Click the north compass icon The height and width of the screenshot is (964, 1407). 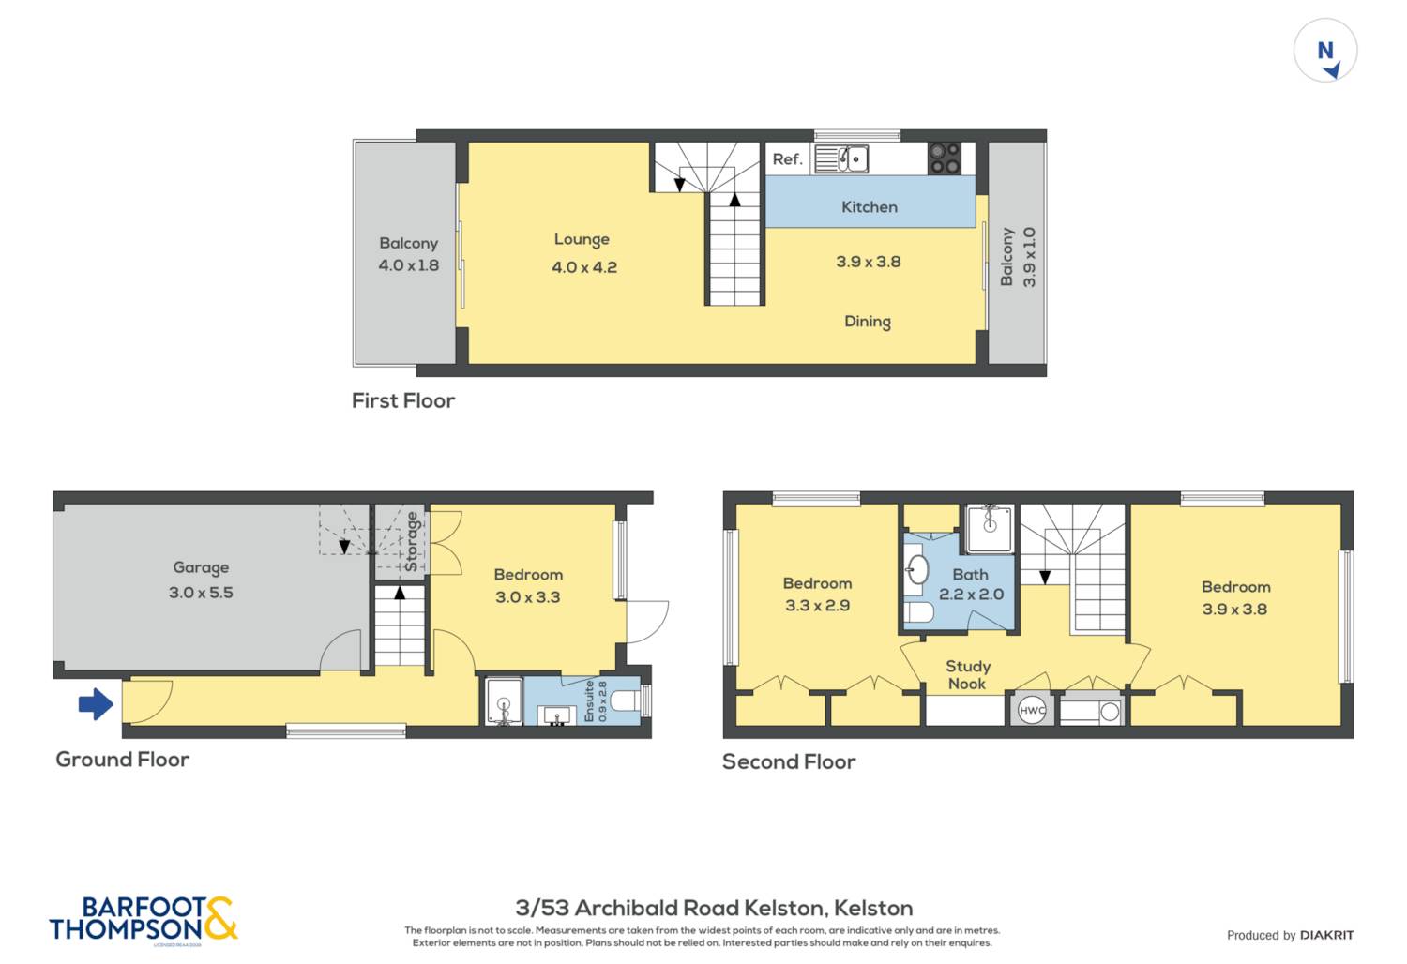pos(1325,51)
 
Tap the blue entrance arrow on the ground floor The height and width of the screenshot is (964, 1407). pos(96,703)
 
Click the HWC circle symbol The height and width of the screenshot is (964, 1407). pos(1032,711)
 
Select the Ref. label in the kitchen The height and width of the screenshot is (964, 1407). pos(787,159)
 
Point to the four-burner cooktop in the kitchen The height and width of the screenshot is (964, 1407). pos(944,158)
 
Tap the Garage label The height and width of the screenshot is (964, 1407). pos(201,567)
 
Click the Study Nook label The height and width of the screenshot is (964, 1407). pos(967,674)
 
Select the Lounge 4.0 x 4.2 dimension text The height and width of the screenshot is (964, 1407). pos(584,267)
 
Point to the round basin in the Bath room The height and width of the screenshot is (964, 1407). pos(916,569)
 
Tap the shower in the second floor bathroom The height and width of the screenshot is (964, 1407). pos(989,529)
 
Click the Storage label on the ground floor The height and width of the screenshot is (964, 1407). pos(411,542)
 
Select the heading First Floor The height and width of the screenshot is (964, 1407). pos(403,400)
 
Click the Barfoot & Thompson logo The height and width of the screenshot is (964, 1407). pos(144,919)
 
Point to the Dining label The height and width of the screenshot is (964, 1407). pos(868,322)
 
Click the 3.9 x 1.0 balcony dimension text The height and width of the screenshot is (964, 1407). pos(1029,257)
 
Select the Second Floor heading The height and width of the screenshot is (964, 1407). pos(789,761)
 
